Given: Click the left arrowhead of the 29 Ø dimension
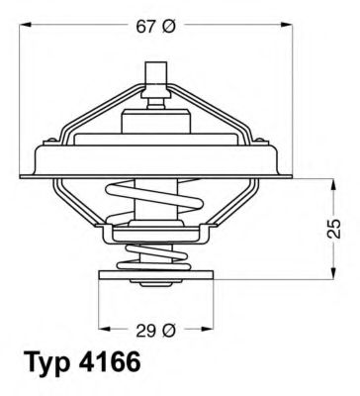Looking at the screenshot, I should pyautogui.click(x=102, y=328).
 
